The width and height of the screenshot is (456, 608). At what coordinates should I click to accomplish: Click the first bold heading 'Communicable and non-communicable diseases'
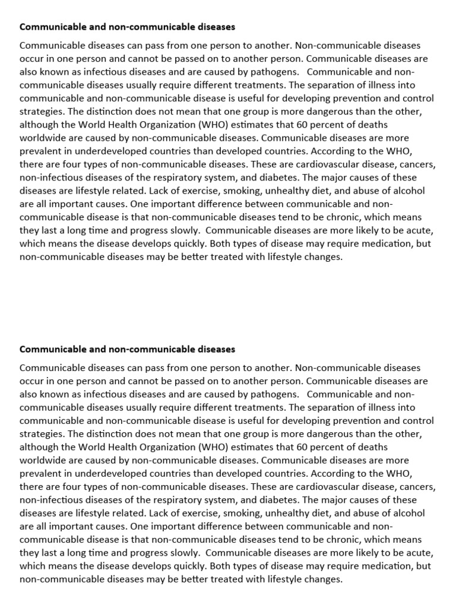tap(127, 27)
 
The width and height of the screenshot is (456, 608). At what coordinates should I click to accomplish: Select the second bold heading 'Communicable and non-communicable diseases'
tap(127, 349)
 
